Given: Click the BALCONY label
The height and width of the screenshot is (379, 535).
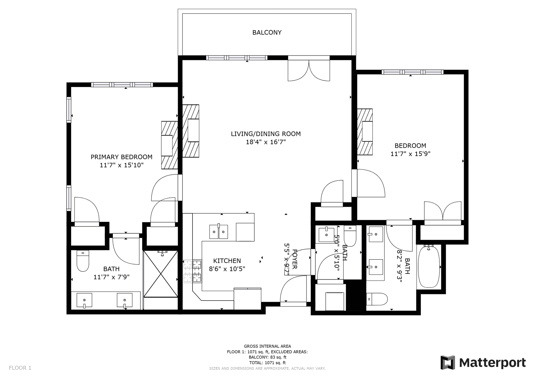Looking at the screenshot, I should pyautogui.click(x=267, y=32).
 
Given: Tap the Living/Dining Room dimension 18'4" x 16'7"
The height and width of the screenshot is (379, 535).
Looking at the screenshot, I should pyautogui.click(x=266, y=142).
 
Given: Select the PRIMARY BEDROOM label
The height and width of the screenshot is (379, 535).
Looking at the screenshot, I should pyautogui.click(x=121, y=157).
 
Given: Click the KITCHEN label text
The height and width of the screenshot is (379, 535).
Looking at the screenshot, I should pyautogui.click(x=227, y=261).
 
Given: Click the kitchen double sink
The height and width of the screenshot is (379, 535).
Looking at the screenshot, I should pyautogui.click(x=219, y=232).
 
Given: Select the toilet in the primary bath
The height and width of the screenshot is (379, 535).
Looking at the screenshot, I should pyautogui.click(x=82, y=261).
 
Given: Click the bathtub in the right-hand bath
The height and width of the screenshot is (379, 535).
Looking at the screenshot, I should pyautogui.click(x=429, y=267).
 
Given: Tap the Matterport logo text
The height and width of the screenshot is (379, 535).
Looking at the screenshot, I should pyautogui.click(x=492, y=363).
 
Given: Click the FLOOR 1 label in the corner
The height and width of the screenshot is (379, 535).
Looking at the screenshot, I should pyautogui.click(x=20, y=368).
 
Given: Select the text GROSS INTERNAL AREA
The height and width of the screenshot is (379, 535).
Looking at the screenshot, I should pyautogui.click(x=267, y=346).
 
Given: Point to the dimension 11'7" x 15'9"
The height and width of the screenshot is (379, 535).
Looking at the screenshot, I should pyautogui.click(x=410, y=154).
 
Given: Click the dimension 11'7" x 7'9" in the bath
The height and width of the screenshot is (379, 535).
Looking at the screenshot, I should pyautogui.click(x=111, y=277).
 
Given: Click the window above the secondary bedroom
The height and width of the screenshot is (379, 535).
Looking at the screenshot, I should pyautogui.click(x=412, y=72).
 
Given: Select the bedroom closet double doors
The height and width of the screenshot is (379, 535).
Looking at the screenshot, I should pyautogui.click(x=442, y=212).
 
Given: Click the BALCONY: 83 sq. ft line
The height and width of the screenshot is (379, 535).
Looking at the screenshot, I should pyautogui.click(x=267, y=357).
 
